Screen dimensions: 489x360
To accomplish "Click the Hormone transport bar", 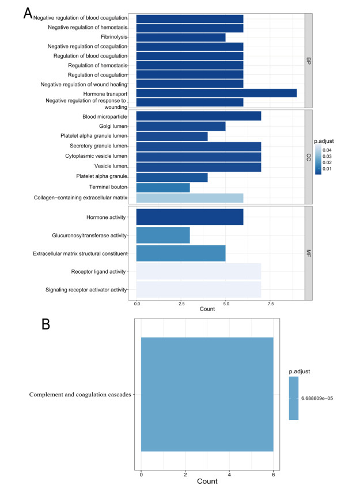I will click(217, 93).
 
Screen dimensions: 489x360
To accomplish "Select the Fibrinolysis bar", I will click(181, 37).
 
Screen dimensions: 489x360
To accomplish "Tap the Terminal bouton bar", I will click(163, 187).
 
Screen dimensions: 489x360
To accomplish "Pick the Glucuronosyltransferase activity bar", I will click(163, 235).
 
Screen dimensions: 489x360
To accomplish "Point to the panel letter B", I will click(46, 324).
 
